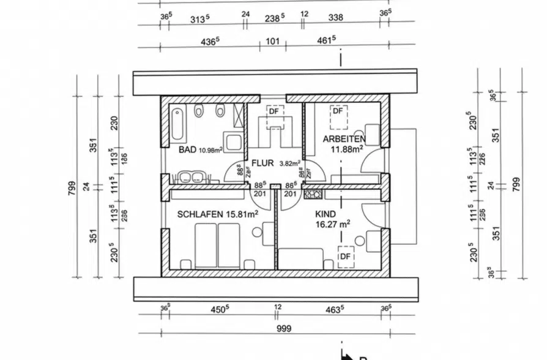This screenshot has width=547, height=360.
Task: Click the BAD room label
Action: [x=187, y=149]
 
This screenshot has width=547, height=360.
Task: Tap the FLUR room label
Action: [x=262, y=163]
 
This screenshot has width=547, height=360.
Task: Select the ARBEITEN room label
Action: [x=344, y=139]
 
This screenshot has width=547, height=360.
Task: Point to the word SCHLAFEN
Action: [x=199, y=214]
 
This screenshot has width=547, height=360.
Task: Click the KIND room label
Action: [x=326, y=214]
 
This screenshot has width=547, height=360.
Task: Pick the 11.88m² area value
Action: [x=346, y=148]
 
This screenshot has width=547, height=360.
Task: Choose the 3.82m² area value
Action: [x=289, y=163]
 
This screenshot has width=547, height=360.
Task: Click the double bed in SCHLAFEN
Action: [x=217, y=246]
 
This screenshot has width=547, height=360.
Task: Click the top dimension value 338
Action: [x=335, y=18]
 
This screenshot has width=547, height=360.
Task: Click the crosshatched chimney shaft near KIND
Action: [x=312, y=195]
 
